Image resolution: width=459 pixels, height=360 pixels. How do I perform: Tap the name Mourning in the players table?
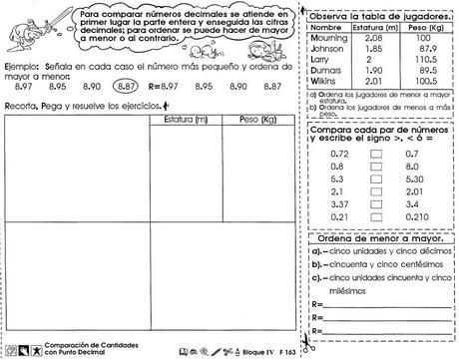point(327,36)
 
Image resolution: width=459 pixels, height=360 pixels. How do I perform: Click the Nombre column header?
point(326,25)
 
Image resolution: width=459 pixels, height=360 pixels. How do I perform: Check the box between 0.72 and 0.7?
point(376,155)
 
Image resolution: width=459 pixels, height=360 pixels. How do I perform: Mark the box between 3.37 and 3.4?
point(376,202)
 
